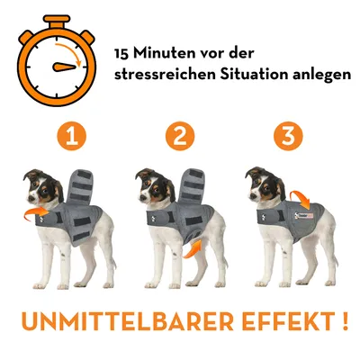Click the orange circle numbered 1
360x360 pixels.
tap(71, 136)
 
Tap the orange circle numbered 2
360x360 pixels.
tap(180, 136)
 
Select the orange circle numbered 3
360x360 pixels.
tap(288, 136)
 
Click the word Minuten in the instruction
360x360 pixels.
tap(160, 54)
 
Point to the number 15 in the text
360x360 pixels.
tap(121, 54)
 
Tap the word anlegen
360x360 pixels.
tap(321, 75)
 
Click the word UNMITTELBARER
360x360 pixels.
tap(127, 321)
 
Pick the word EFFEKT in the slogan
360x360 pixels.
tap(289, 321)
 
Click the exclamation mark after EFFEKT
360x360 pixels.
tap(345, 320)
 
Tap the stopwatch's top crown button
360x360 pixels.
tap(57, 21)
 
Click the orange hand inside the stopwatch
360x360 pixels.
tap(64, 67)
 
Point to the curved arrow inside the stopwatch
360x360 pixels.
tap(71, 51)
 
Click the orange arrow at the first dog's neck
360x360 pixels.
tap(36, 213)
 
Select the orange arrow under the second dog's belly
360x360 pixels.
tap(193, 248)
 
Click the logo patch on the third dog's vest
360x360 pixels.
tap(303, 215)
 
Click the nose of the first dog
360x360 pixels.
tap(30, 198)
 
